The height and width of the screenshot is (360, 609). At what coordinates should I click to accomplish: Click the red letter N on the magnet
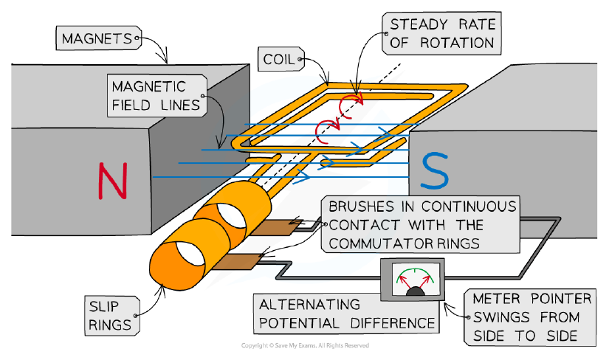tap(113, 181)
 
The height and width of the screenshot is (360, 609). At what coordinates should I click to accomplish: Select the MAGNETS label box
tap(99, 38)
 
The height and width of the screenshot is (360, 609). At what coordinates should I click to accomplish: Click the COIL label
tap(281, 60)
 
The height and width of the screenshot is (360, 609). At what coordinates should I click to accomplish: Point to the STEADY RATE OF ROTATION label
tap(441, 33)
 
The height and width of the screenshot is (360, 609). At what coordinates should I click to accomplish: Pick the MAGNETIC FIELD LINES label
tap(157, 96)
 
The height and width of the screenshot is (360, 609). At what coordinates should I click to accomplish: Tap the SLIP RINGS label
tap(112, 316)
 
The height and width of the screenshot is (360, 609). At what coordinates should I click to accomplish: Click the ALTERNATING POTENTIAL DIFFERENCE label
tap(346, 314)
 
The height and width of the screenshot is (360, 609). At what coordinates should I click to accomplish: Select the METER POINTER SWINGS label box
tap(530, 317)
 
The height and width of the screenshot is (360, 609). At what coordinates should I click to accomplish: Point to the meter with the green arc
tap(412, 280)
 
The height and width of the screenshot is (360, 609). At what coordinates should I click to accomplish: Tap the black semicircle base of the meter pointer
tap(415, 291)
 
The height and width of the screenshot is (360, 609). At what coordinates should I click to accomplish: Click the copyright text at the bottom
tap(305, 345)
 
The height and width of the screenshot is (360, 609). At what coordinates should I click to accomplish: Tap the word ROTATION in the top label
tap(457, 43)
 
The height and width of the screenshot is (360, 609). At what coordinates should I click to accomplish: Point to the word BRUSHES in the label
tap(361, 207)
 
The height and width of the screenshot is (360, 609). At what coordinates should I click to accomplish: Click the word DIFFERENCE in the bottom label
tap(392, 323)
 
